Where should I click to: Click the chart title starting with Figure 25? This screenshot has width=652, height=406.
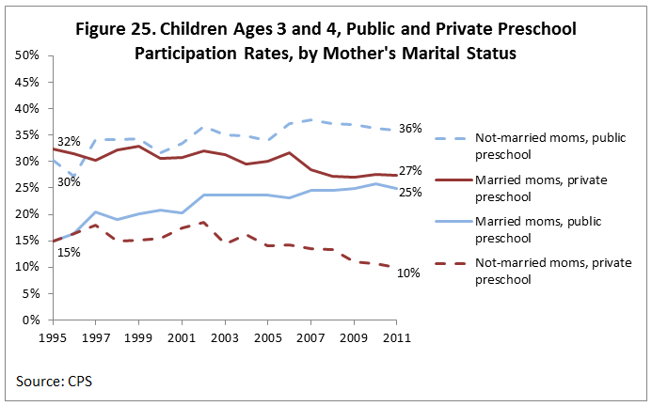coord(326,40)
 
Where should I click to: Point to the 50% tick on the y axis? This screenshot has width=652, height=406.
coord(25,55)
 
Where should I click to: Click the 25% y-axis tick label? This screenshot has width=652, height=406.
coord(25,188)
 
